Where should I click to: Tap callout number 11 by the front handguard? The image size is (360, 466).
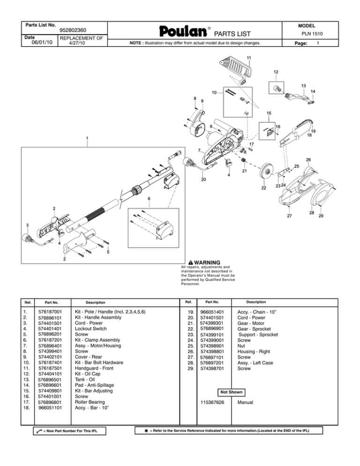pyautogui.click(x=249, y=58)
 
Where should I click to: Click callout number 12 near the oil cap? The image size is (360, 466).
pyautogui.click(x=276, y=72)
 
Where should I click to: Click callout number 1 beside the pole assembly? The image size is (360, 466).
pyautogui.click(x=87, y=138)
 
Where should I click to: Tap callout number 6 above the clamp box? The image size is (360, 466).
pyautogui.click(x=149, y=199)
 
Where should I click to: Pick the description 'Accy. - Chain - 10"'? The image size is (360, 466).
pyautogui.click(x=257, y=311)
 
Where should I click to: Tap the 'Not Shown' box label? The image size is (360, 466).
pyautogui.click(x=230, y=392)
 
